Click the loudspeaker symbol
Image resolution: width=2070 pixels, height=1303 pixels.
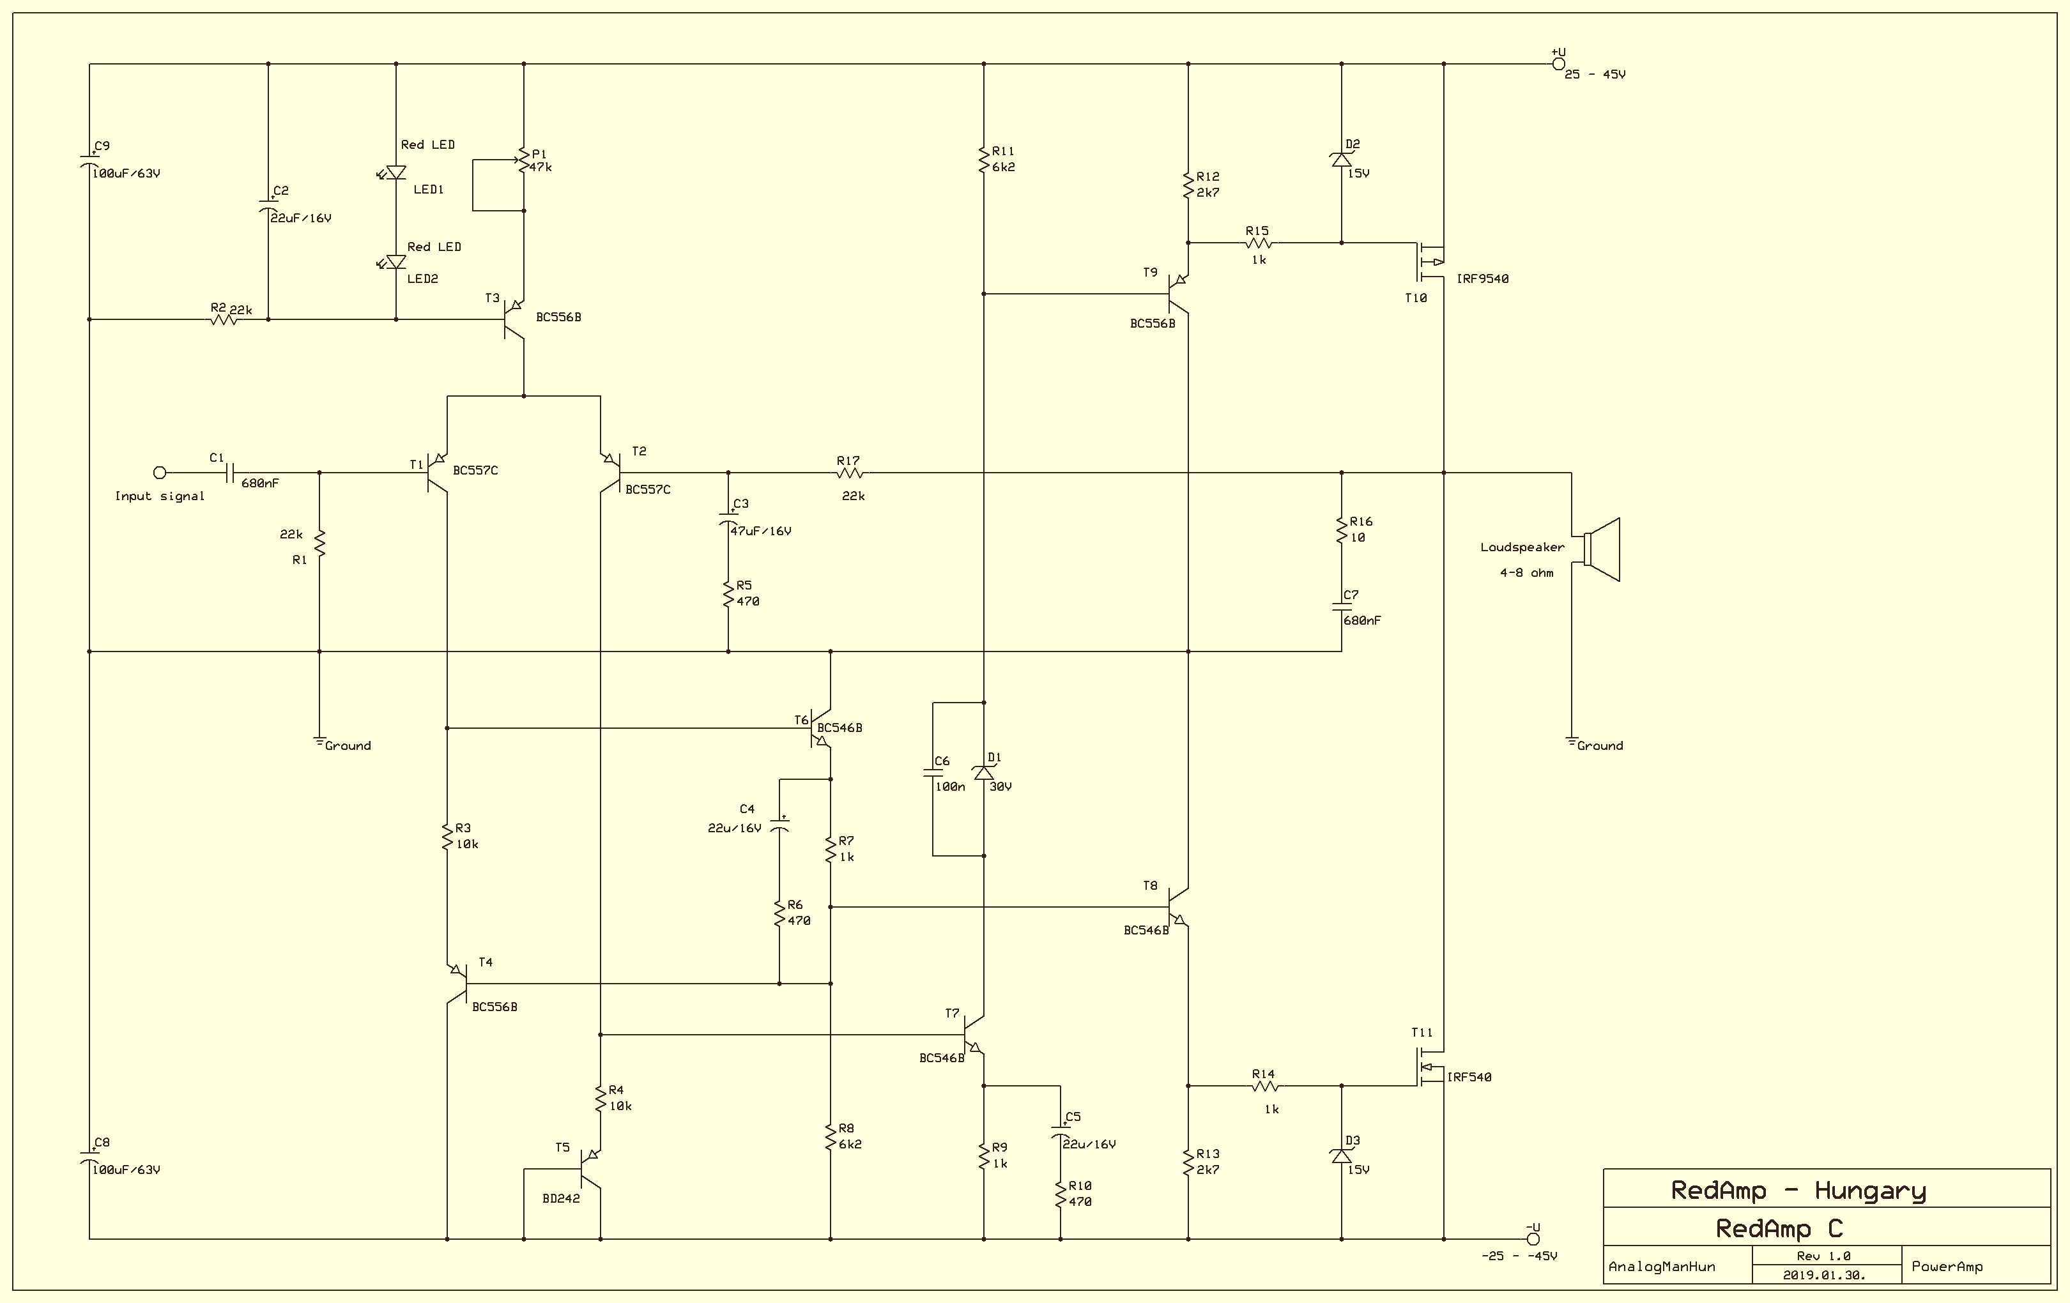coord(1602,549)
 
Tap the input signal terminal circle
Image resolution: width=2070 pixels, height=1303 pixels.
coord(159,473)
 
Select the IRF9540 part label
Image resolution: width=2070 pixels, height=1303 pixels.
coord(1482,278)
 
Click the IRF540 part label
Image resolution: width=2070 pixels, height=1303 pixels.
coord(1469,1077)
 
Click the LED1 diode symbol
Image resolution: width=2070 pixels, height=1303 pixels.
coord(395,172)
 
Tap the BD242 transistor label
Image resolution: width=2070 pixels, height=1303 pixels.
coord(562,1198)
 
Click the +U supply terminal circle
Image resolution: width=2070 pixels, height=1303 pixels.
coord(1558,64)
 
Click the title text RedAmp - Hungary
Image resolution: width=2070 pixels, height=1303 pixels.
coord(1798,1191)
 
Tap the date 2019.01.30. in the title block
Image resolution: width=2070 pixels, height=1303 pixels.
coord(1824,1276)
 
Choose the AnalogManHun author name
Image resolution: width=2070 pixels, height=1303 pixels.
coord(1662,1267)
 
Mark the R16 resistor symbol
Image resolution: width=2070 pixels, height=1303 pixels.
coord(1341,530)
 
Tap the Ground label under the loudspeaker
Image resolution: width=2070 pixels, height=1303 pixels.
coord(1600,746)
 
